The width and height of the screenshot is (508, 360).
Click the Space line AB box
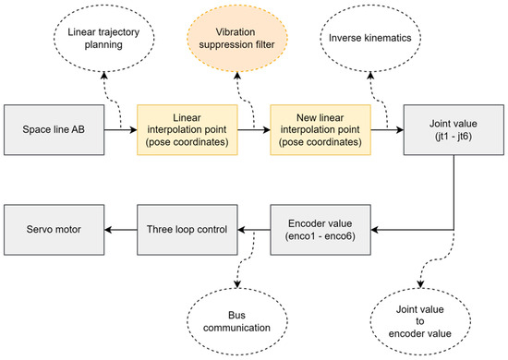[x=54, y=130]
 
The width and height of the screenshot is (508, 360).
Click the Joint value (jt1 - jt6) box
[x=453, y=130]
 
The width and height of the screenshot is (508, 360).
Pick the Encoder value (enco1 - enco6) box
[x=321, y=227]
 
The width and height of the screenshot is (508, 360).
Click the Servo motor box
[x=54, y=227]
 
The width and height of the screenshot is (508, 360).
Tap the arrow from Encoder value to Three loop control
[x=255, y=227]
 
